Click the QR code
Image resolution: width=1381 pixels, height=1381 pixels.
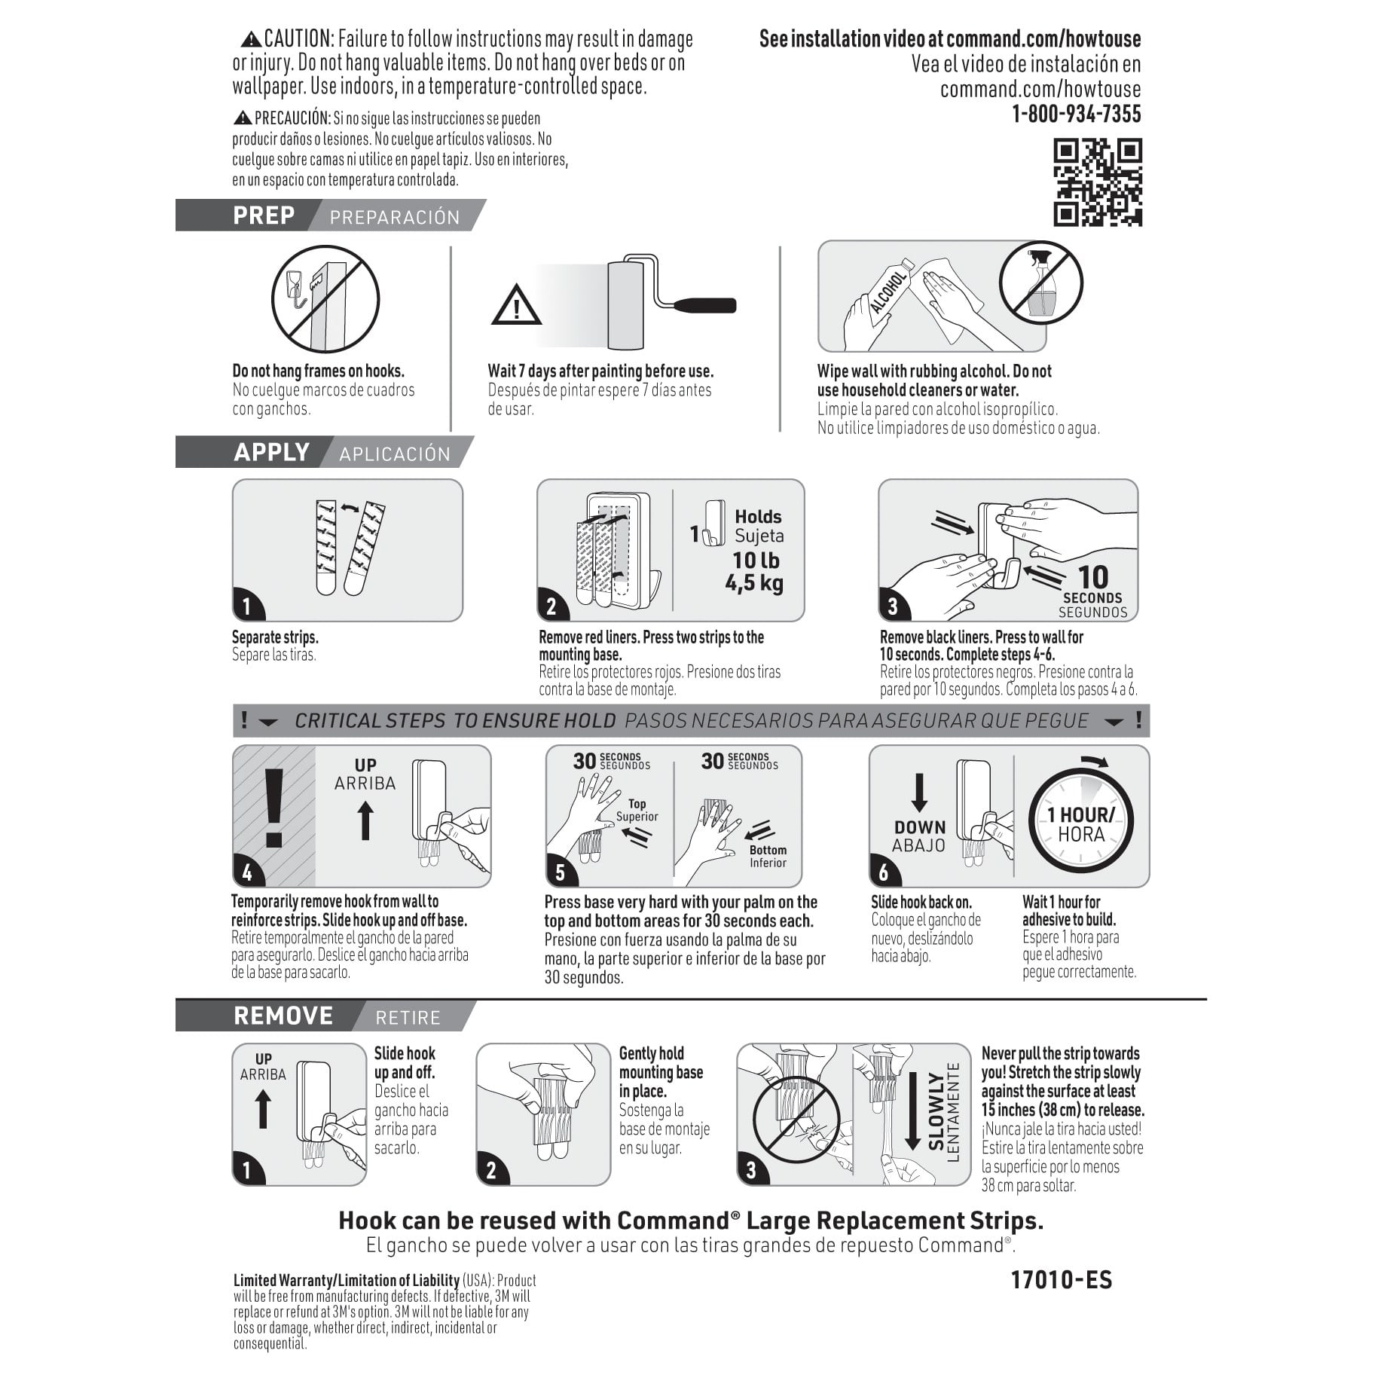(x=1097, y=182)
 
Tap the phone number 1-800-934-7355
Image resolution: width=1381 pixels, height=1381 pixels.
(x=1076, y=115)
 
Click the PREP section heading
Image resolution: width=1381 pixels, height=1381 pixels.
(x=264, y=215)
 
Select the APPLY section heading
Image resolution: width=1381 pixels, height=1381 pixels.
(x=271, y=452)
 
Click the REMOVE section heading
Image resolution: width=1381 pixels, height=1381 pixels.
(x=283, y=1016)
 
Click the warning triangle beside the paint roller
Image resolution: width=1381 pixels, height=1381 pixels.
(x=516, y=305)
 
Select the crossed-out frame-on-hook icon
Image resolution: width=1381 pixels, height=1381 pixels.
(x=325, y=299)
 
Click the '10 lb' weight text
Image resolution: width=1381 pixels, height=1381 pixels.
(x=756, y=560)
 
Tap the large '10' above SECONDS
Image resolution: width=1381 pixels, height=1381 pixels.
(x=1092, y=577)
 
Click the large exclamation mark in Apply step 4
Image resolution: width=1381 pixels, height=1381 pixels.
(x=273, y=808)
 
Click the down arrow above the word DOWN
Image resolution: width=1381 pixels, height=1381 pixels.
(x=919, y=793)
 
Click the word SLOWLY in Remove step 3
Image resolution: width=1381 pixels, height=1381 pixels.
(x=936, y=1112)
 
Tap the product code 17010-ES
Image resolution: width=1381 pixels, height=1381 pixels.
(x=1062, y=1280)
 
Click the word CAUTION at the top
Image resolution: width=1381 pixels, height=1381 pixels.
(x=298, y=38)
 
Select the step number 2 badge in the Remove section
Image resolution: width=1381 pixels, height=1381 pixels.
(x=491, y=1170)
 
